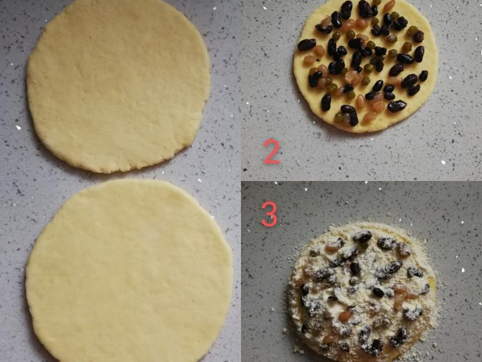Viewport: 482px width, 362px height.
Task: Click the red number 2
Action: [x=272, y=151]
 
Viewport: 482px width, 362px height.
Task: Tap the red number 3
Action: [x=269, y=214]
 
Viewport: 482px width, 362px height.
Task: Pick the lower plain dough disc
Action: [x=129, y=271]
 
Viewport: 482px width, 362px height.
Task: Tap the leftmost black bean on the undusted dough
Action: [x=307, y=45]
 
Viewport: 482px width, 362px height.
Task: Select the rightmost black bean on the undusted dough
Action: [x=424, y=76]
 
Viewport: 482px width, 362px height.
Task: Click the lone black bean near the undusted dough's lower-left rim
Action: [x=326, y=103]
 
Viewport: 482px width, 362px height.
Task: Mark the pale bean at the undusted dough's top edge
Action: [x=389, y=5]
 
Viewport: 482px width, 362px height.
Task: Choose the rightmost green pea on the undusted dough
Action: [x=412, y=31]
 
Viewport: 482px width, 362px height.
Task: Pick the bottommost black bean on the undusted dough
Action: [x=350, y=114]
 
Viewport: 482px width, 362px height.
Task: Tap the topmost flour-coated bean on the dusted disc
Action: [x=362, y=236]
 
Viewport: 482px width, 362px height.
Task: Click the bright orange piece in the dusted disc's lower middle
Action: [x=345, y=316]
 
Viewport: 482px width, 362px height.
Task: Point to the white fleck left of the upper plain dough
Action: [x=18, y=127]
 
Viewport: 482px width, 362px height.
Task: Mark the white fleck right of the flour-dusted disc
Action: [x=463, y=270]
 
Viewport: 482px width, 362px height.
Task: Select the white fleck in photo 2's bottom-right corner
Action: [x=443, y=162]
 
